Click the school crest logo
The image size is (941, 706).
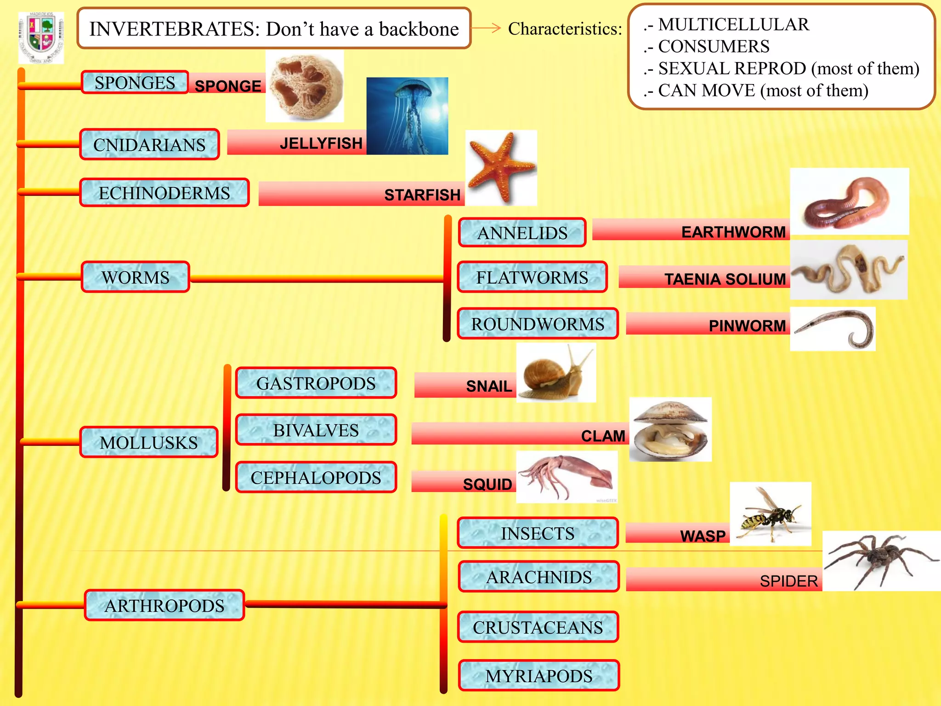(41, 38)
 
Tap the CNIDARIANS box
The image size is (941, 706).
(149, 145)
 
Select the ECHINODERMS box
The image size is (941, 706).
(164, 193)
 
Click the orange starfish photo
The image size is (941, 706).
(501, 167)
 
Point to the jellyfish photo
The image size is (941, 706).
(407, 116)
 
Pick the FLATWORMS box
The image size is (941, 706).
(532, 278)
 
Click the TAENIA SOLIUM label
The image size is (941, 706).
(725, 279)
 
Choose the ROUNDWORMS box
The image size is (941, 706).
(538, 324)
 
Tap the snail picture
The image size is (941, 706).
(556, 373)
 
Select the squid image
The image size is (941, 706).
(567, 477)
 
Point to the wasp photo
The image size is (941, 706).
(771, 514)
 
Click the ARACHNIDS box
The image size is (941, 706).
(539, 577)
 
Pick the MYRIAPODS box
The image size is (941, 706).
(539, 676)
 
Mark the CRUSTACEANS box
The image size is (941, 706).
(538, 627)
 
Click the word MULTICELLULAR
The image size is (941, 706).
(733, 24)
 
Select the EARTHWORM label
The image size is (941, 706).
(733, 232)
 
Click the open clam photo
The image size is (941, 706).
(670, 430)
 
